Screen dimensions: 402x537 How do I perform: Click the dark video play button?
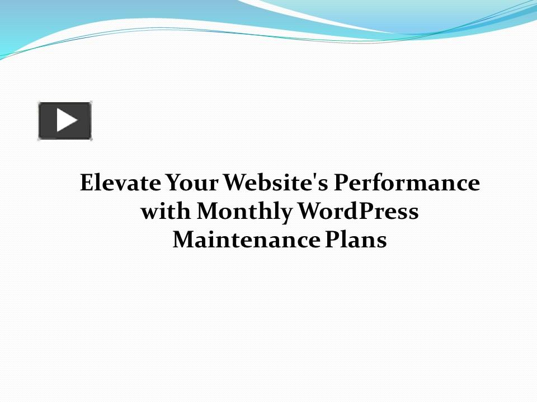coord(65,121)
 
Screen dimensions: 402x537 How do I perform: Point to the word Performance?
coord(407,183)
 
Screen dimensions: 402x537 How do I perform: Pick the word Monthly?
coord(246,212)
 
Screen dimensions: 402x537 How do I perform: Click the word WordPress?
coord(358,212)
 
